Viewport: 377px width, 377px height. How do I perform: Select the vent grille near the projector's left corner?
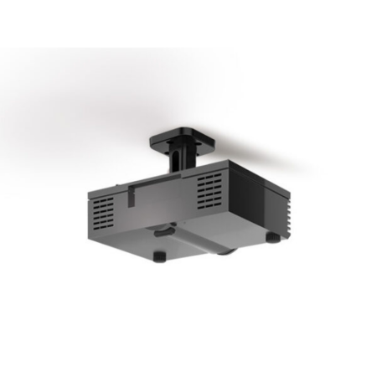[102, 211]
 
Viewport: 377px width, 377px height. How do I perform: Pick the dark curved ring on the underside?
[163, 226]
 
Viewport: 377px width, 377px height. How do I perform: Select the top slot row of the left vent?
[102, 199]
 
